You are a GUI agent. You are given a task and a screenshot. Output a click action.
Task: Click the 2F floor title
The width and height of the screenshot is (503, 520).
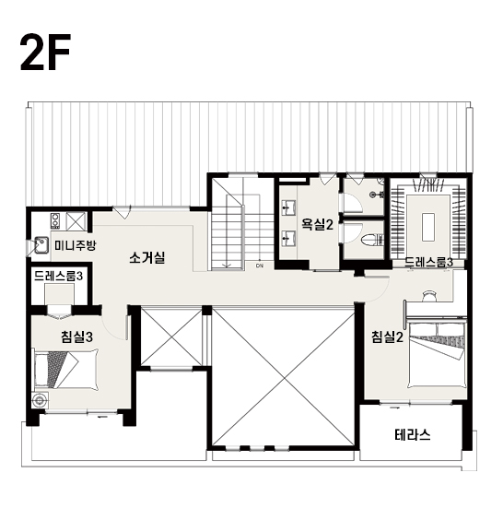click(46, 53)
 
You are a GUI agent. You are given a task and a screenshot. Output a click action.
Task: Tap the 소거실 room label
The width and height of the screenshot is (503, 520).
click(147, 257)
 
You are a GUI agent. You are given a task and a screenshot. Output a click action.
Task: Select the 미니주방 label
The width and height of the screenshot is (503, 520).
click(76, 246)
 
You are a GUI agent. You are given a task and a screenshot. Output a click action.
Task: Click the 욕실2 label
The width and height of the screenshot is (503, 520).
click(317, 225)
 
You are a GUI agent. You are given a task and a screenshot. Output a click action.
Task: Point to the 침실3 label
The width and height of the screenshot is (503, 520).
click(76, 337)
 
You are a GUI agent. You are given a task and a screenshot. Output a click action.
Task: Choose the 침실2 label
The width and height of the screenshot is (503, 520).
click(387, 337)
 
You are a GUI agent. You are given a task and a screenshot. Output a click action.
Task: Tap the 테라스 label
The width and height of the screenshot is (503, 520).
click(413, 434)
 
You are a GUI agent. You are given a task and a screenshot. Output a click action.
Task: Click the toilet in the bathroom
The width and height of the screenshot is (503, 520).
click(372, 240)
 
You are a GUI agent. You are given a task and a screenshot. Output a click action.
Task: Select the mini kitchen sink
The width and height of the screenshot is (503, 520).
click(41, 245)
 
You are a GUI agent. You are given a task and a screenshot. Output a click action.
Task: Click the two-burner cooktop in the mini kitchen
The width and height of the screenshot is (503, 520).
click(55, 221)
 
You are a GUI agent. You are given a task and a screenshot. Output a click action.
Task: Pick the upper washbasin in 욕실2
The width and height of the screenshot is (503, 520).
click(288, 207)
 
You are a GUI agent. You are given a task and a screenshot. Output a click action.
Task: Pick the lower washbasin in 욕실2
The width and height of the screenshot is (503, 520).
click(288, 239)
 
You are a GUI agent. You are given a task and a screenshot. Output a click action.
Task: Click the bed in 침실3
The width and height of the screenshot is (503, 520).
click(66, 369)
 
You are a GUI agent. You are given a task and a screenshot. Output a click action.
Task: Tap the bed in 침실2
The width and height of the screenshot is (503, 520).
click(437, 354)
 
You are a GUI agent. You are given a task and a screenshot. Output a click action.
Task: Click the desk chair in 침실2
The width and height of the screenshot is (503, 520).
click(430, 295)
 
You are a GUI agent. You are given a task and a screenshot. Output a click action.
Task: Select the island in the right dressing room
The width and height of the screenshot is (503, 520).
click(427, 227)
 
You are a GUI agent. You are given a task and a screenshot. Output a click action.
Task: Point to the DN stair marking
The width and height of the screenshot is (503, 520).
click(260, 266)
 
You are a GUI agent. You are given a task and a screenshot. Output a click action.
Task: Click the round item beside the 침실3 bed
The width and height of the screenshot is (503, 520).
click(41, 400)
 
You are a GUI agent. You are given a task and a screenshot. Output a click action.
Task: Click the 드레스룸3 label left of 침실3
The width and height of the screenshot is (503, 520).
click(58, 276)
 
